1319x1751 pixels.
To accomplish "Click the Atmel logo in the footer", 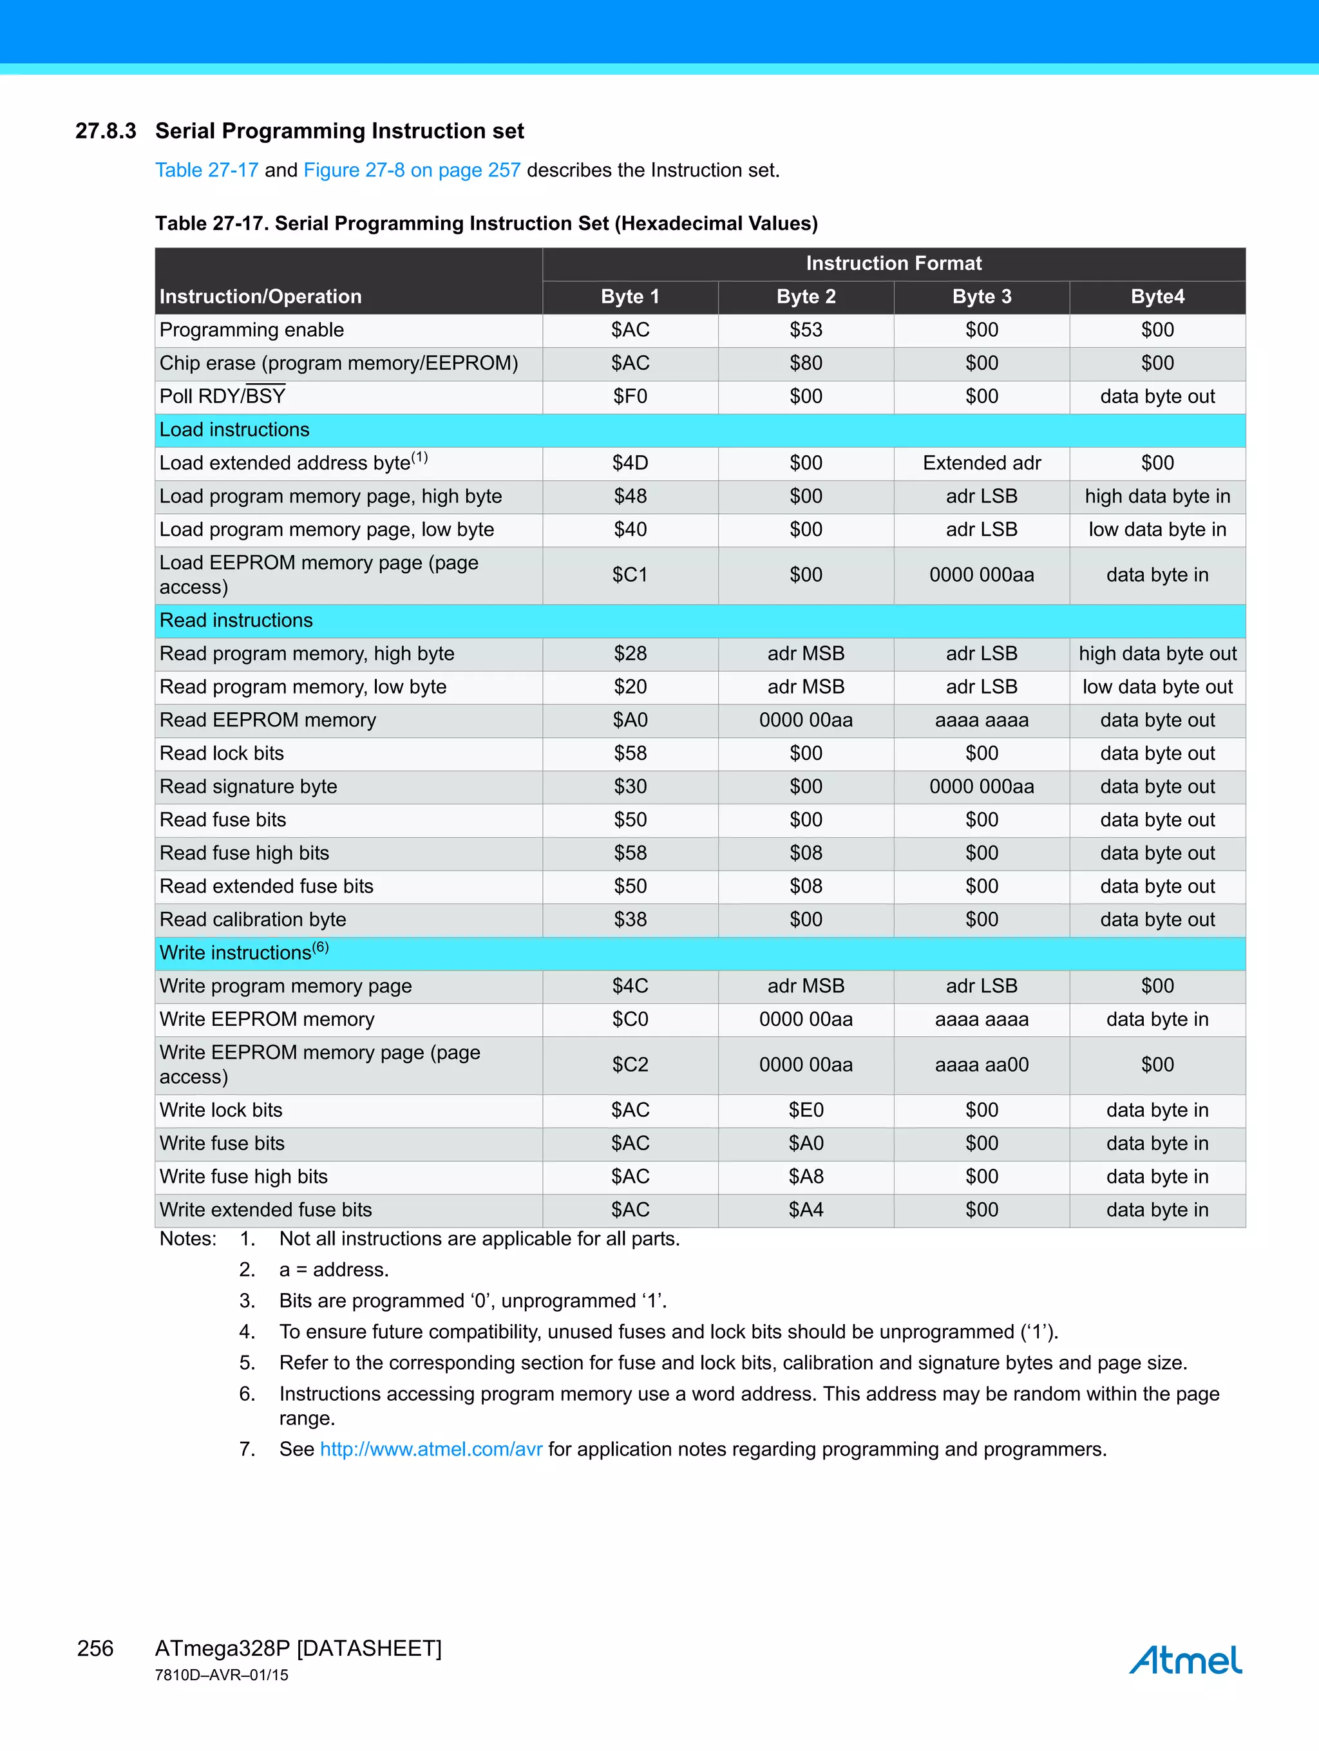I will pos(1184,1660).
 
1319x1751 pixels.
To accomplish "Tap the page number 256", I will pos(95,1648).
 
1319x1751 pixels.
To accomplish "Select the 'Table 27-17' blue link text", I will pos(207,170).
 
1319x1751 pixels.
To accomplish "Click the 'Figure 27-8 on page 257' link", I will pos(412,170).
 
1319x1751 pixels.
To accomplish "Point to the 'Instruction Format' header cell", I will pos(893,263).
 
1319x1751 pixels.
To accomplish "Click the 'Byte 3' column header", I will pos(981,297).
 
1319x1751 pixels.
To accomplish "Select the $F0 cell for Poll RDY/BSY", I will pos(631,397).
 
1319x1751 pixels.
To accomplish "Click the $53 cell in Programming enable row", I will pos(805,330).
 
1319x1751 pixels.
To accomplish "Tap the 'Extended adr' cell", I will pos(981,463).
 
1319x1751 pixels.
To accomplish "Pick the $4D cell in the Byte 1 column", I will pos(631,463).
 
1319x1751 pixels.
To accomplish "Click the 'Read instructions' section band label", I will pos(236,621).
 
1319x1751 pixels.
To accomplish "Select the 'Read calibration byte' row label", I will pos(252,920).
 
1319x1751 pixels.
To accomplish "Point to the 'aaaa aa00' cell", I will pos(981,1065).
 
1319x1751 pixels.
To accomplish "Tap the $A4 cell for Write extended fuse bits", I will pos(805,1210).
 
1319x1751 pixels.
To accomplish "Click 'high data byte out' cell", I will pos(1157,654).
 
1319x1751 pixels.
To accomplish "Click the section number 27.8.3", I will pos(105,131).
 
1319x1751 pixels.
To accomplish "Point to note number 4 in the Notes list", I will pos(247,1332).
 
